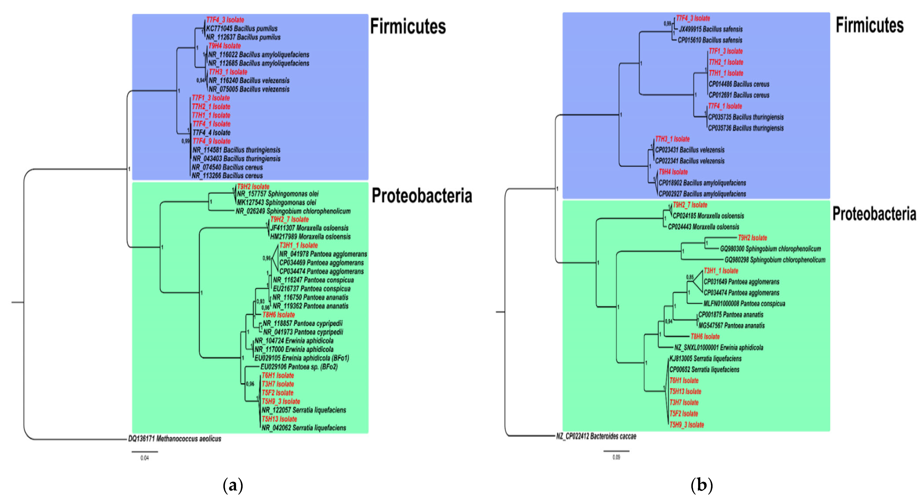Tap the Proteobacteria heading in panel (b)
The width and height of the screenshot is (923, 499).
pos(874,214)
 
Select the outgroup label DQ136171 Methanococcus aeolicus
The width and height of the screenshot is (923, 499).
pos(175,439)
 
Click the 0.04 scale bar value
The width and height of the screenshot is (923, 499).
pos(144,458)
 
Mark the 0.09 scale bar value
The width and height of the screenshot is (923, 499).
pos(616,457)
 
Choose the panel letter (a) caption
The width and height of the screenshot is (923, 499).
pos(233,485)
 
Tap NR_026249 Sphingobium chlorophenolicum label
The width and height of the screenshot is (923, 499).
pos(293,211)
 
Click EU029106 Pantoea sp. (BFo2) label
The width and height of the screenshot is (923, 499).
pos(299,367)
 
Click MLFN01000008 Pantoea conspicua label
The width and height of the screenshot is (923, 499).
pos(744,304)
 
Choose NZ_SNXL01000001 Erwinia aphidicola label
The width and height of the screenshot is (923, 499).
pos(718,347)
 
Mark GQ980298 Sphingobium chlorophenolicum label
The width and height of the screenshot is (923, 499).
pos(775,260)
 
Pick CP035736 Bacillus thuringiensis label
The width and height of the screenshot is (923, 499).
pos(746,128)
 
